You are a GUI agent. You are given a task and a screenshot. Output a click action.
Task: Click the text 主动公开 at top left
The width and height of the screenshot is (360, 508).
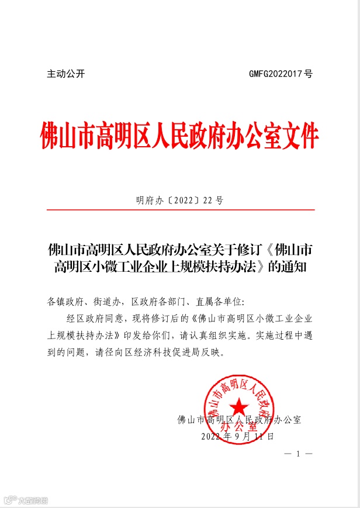click(66, 74)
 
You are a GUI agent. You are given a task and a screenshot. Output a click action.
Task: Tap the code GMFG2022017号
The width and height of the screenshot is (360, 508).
click(281, 74)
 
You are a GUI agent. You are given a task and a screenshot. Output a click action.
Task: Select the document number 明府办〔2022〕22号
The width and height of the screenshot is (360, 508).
click(179, 201)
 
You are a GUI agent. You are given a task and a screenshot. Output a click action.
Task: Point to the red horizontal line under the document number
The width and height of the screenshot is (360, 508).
click(179, 209)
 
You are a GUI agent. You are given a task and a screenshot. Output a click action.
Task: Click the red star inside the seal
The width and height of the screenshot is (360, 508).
click(237, 406)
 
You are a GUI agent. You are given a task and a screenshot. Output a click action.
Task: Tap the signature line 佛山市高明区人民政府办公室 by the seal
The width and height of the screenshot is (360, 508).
click(239, 420)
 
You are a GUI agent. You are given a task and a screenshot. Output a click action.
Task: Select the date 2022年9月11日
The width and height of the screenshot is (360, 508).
click(237, 437)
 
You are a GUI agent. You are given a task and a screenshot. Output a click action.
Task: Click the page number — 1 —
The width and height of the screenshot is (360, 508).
click(297, 454)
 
